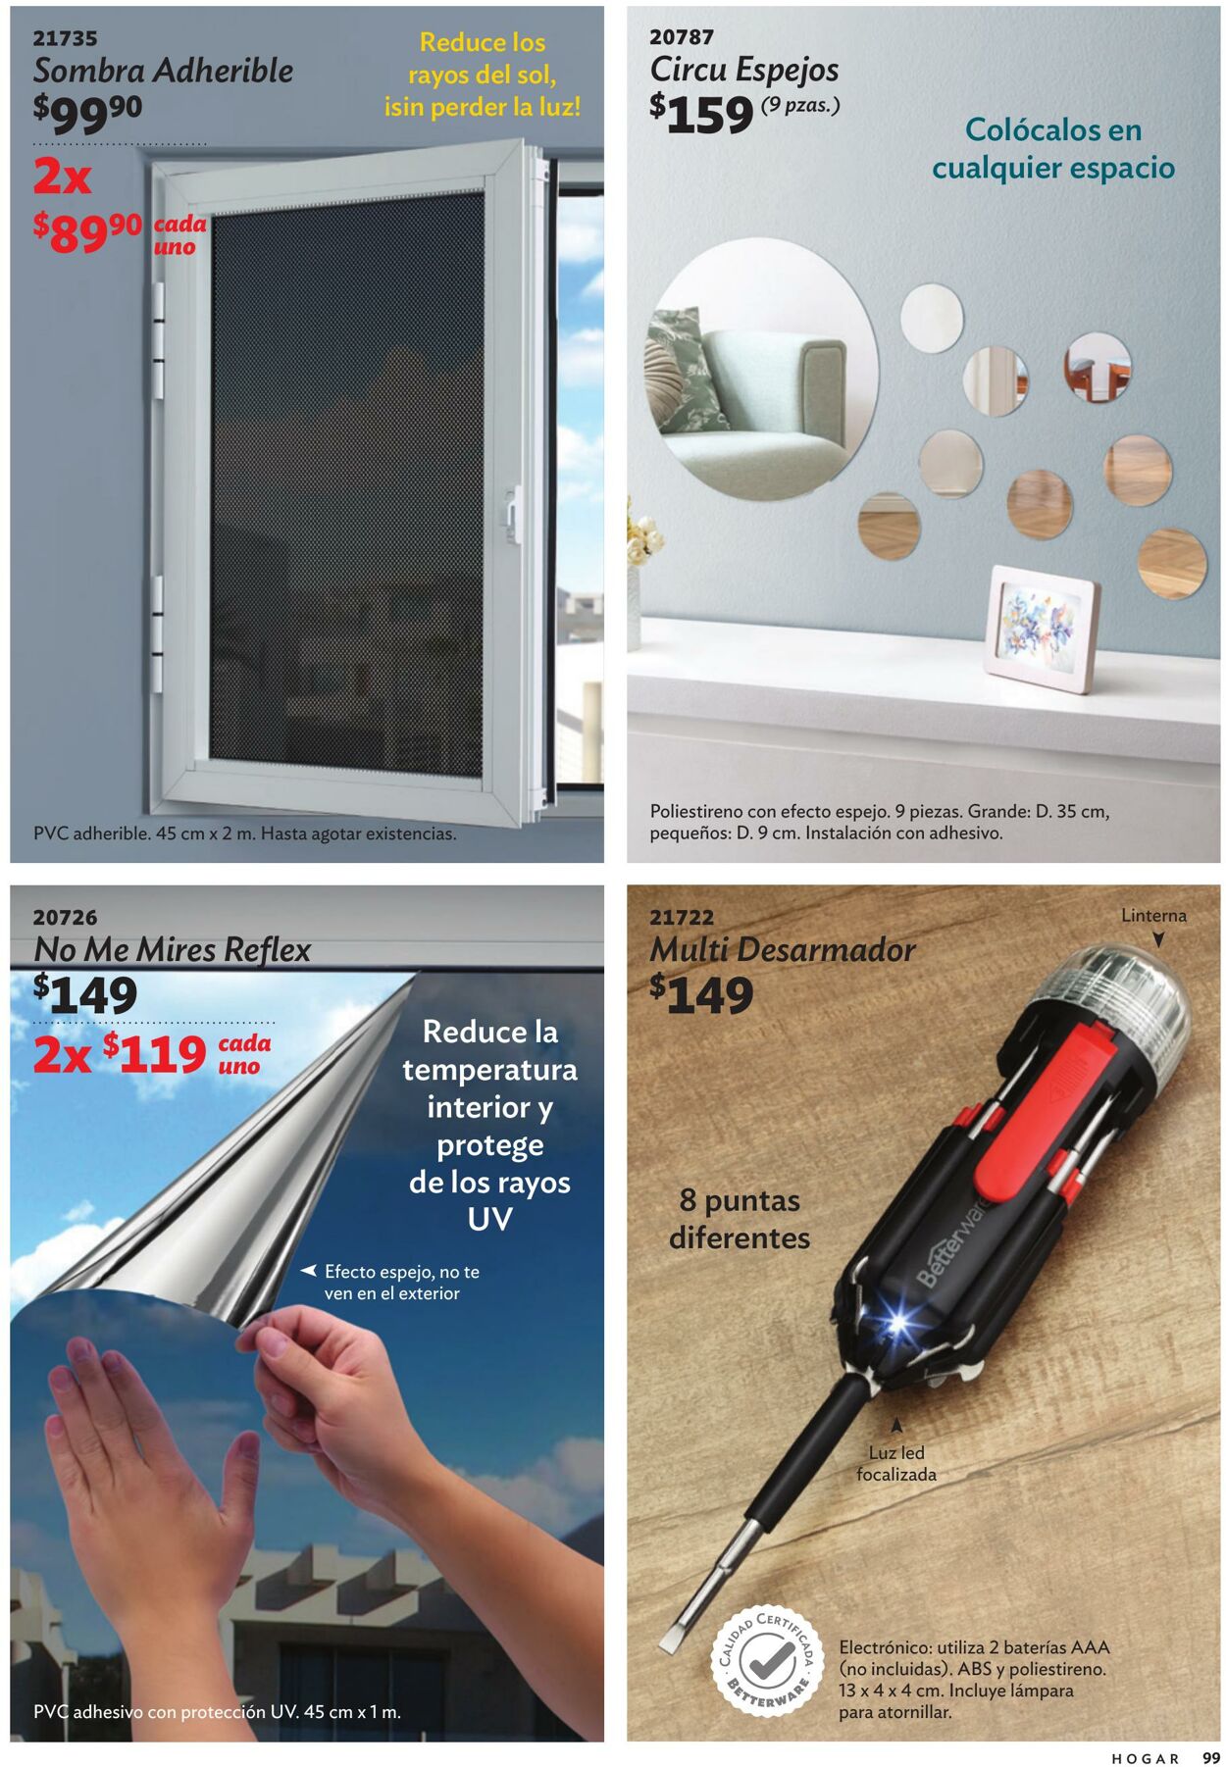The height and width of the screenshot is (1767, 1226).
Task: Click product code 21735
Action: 65,39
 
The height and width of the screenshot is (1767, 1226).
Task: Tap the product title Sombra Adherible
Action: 163,72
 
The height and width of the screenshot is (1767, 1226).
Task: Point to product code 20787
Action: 681,37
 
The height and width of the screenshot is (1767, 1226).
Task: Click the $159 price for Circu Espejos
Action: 701,115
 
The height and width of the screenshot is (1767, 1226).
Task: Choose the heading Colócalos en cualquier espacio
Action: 1052,148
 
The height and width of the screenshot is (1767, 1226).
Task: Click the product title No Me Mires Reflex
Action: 172,950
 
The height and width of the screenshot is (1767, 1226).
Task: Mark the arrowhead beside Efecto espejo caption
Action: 308,1271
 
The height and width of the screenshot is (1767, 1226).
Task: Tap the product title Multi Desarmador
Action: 782,950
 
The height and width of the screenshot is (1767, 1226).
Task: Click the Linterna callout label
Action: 1153,916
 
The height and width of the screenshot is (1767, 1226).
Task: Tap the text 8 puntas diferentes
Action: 740,1219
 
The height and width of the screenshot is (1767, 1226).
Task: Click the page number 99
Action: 1210,1758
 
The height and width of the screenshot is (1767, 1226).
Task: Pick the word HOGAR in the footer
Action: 1145,1759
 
